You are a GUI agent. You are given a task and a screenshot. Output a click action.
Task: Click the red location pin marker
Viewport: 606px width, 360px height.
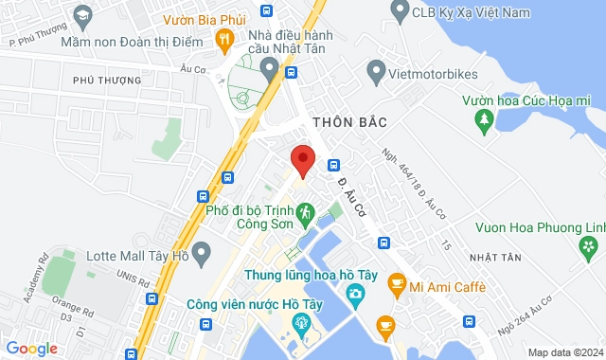[302, 160]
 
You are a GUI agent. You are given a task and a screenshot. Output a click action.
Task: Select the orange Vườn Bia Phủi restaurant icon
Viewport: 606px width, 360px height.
[223, 39]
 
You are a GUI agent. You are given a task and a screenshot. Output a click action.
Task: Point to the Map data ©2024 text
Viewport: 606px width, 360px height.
[563, 352]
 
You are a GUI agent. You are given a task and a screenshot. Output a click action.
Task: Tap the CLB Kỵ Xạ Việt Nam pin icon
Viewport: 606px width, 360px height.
[399, 12]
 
